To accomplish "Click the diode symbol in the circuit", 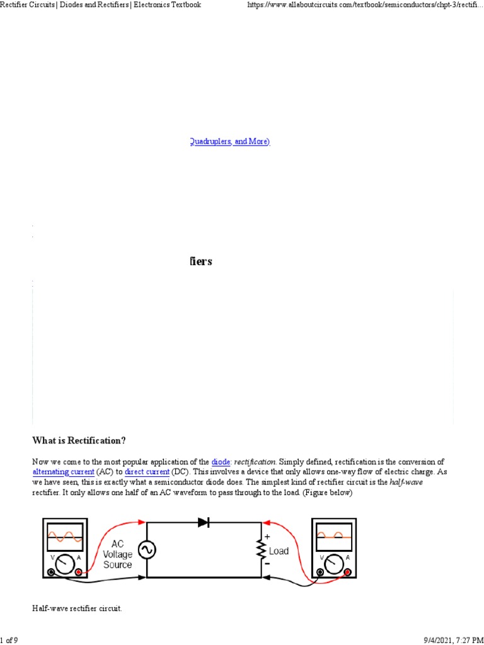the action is [x=204, y=522].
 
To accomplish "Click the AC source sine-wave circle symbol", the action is [x=147, y=550].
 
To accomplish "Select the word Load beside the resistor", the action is [x=279, y=551].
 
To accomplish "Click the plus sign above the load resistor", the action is [x=267, y=537].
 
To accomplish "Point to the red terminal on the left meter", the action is [x=79, y=572].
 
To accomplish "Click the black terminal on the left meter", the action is [x=50, y=572].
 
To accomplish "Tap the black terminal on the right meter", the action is [x=320, y=572].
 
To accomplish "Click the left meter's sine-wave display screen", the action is [x=65, y=537].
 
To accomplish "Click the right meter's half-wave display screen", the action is [x=333, y=537].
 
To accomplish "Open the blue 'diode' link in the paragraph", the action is [x=221, y=462].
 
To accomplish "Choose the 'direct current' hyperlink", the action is [x=147, y=471].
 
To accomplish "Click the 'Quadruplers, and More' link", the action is [x=229, y=142].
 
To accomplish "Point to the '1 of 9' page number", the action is [x=9, y=640].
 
